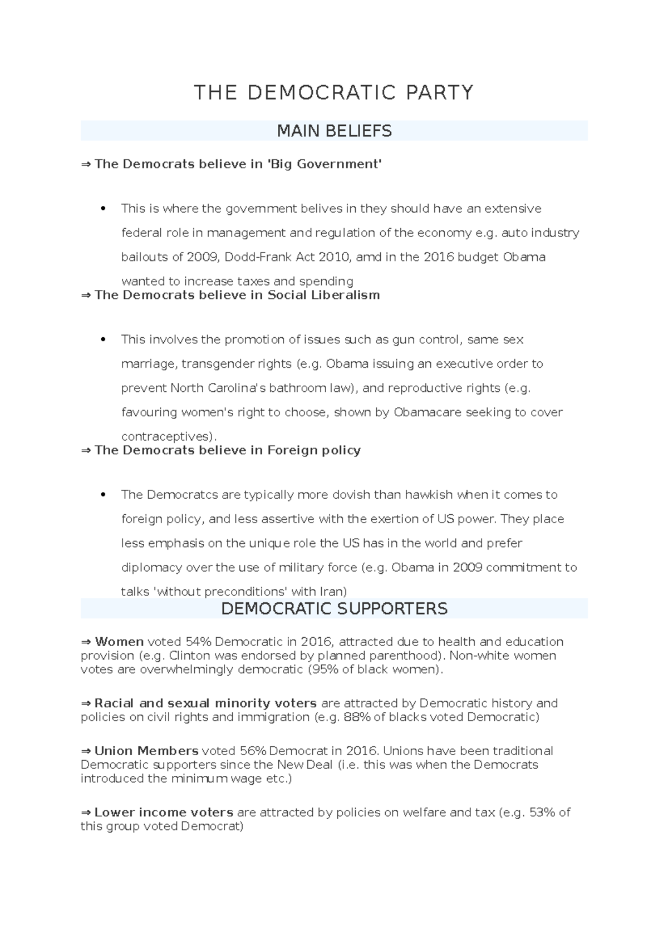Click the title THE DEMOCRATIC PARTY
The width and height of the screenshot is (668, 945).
[333, 92]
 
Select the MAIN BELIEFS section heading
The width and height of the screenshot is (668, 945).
[334, 131]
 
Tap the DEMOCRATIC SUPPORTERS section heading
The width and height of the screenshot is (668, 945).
[334, 608]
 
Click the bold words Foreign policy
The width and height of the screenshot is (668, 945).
[314, 450]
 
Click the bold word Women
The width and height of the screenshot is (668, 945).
[119, 642]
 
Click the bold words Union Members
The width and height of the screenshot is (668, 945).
[146, 751]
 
